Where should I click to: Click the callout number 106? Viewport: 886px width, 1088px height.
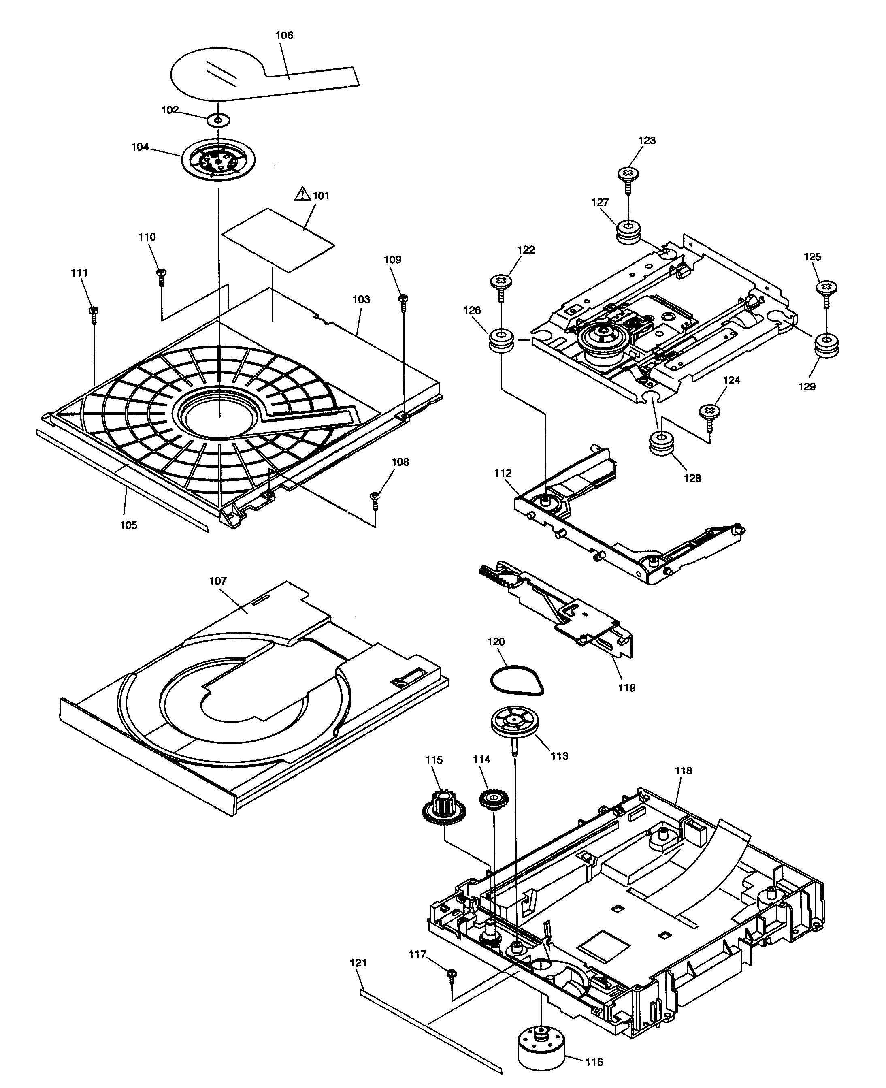tap(284, 35)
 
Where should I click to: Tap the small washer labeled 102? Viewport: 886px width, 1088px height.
tap(218, 120)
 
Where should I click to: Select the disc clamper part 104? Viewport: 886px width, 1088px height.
tap(218, 159)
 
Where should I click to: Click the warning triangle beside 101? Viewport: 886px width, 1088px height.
tap(302, 194)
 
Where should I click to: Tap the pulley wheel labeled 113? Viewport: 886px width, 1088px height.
tap(514, 723)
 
